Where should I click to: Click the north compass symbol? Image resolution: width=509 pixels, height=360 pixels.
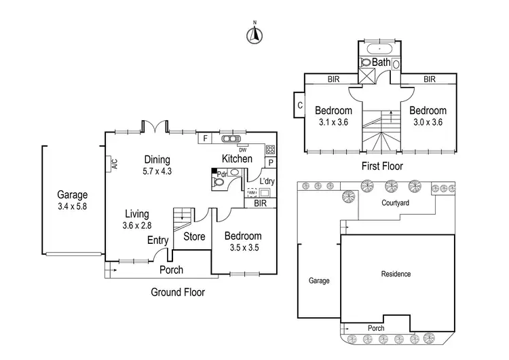[x=254, y=35]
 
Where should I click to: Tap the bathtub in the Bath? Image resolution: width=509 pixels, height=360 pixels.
[x=379, y=49]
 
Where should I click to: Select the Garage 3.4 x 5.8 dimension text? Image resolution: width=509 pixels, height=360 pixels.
[x=73, y=206]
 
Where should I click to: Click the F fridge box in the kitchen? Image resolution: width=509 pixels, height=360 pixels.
[x=205, y=139]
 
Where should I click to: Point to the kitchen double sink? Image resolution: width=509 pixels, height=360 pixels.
[x=231, y=139]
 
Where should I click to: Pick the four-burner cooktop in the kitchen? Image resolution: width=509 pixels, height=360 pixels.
[x=270, y=149]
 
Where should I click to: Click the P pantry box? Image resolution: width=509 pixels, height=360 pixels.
[x=271, y=162]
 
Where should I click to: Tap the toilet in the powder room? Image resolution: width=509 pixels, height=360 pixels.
[x=218, y=182]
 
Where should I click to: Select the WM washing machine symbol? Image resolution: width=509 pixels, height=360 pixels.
[x=252, y=192]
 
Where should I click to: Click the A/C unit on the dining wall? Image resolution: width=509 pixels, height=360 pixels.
[x=109, y=164]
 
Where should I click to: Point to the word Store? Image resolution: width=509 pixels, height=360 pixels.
[x=194, y=236]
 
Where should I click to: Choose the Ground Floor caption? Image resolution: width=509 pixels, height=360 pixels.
[x=178, y=292]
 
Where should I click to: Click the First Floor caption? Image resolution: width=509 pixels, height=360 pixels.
[x=382, y=166]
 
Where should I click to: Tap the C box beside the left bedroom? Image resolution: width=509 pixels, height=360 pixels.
[x=299, y=105]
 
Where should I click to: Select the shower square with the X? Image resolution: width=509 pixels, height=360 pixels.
[x=366, y=76]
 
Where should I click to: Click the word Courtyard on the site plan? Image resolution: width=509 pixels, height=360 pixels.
[x=395, y=203]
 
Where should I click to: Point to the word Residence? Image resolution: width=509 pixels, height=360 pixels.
[x=396, y=274]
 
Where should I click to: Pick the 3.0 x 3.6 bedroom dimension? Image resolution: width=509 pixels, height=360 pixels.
[x=428, y=122]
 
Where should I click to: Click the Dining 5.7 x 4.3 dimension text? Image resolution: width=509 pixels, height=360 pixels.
[x=157, y=171]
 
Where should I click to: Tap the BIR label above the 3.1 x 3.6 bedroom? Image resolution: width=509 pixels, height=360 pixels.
[x=333, y=79]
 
